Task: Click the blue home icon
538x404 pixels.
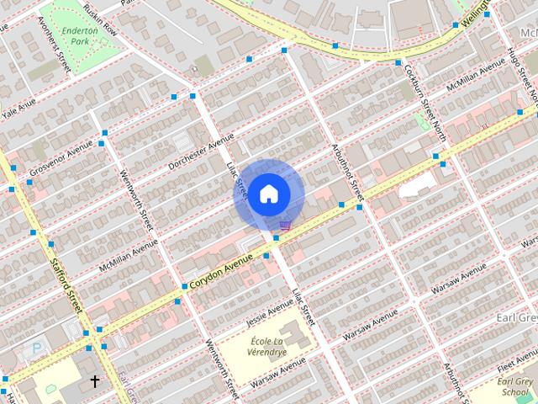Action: point(267,194)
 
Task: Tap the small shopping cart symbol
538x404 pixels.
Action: point(285,225)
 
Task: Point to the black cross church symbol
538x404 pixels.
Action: point(94,381)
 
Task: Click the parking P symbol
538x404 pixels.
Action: point(36,348)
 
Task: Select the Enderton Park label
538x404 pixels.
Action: point(84,35)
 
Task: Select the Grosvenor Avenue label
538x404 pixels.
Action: point(61,159)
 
